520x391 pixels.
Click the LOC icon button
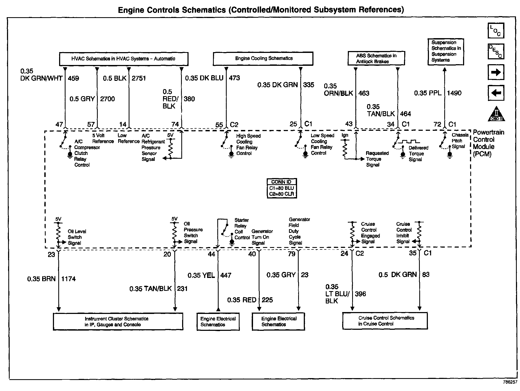496,31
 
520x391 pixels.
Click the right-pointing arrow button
496,72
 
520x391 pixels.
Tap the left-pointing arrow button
496,93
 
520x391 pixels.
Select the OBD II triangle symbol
496,114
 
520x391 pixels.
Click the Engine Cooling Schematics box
263,59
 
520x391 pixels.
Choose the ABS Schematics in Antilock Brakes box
376,59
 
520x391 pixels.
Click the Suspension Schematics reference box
446,52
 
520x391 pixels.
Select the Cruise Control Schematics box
385,321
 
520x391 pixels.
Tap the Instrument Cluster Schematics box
118,321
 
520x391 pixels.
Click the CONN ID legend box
281,188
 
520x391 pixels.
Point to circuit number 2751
139,78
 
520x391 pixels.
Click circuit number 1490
454,93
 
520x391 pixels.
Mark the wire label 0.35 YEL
201,275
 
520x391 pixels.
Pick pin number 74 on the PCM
175,124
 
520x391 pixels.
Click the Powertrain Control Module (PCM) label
488,143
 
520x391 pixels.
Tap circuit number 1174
68,279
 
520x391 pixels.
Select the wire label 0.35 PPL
428,93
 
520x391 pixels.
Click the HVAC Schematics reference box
124,59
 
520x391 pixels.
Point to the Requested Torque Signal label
377,159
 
